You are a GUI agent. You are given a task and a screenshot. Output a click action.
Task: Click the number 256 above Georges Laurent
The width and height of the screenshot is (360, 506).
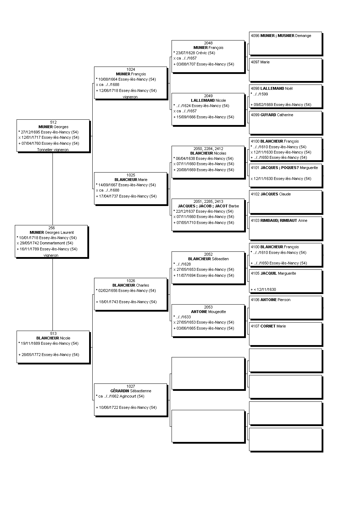click(51, 228)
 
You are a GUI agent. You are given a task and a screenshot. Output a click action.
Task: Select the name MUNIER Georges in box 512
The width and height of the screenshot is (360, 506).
click(53, 127)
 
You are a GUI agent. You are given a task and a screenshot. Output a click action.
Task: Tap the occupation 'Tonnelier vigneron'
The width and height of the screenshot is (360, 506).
click(53, 150)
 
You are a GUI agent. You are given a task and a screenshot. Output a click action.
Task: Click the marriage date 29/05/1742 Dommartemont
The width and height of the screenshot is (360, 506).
click(45, 243)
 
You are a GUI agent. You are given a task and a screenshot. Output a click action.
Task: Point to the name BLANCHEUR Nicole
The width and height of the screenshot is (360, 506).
click(53, 338)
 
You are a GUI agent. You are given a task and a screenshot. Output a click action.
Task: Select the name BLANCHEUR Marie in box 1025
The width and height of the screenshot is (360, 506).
click(131, 180)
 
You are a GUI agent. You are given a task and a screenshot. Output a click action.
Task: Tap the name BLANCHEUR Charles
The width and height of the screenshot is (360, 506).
click(131, 285)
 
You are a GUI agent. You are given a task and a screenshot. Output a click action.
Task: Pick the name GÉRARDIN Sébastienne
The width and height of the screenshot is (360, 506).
click(131, 391)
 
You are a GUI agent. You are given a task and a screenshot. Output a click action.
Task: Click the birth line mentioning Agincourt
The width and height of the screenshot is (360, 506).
click(120, 396)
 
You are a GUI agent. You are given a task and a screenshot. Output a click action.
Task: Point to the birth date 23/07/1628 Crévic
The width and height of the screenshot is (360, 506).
click(194, 53)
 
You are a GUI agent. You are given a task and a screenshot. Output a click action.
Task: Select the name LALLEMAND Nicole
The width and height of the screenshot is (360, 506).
click(209, 100)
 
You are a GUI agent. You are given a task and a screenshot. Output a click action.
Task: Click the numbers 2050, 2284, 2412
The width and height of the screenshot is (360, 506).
click(208, 149)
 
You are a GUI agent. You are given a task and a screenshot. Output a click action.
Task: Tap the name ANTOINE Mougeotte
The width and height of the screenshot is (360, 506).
click(209, 312)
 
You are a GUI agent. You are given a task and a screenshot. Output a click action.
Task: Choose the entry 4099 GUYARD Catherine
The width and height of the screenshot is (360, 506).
click(272, 115)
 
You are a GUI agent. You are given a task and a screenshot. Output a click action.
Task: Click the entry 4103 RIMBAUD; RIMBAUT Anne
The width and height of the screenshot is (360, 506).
click(279, 221)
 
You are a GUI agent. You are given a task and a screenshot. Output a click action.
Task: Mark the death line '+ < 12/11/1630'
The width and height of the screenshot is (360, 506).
click(263, 289)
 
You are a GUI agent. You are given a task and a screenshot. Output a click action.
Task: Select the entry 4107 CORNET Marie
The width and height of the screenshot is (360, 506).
click(268, 326)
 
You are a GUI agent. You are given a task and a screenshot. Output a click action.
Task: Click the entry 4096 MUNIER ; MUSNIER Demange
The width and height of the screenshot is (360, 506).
click(281, 36)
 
